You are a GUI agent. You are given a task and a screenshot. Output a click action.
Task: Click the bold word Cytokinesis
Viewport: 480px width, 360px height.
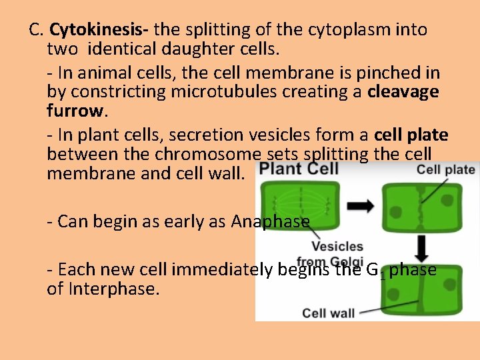(x=100, y=30)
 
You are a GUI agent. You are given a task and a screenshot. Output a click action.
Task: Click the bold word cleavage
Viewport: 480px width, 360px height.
(x=403, y=92)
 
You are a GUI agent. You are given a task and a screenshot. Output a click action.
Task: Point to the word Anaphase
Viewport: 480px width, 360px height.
(x=270, y=221)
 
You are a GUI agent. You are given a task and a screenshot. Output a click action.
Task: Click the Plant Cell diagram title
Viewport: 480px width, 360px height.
(x=299, y=169)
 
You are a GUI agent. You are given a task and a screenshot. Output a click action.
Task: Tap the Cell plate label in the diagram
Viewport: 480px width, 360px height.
(x=445, y=169)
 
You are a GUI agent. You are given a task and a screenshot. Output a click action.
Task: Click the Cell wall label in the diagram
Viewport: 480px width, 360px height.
(x=328, y=312)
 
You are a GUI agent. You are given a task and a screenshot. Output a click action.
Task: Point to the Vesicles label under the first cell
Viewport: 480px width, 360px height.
(x=337, y=247)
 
